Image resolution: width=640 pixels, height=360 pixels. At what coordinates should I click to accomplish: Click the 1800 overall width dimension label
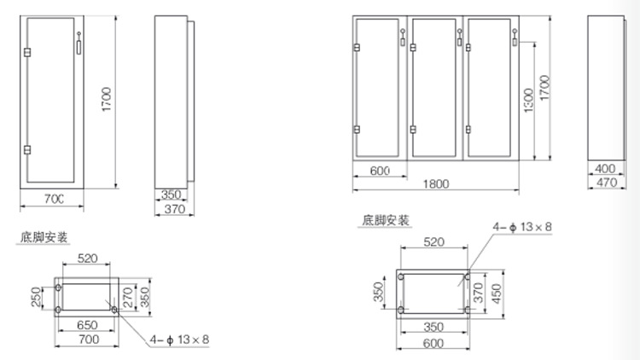[x=435, y=183]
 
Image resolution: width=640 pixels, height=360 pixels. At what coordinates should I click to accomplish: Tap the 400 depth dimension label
[x=605, y=169]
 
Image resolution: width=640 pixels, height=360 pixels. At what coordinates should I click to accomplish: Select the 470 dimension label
[x=605, y=183]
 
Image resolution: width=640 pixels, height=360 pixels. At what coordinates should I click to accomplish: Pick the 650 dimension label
[x=85, y=326]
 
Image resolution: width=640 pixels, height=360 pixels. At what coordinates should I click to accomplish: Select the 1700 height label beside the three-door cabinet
[x=544, y=90]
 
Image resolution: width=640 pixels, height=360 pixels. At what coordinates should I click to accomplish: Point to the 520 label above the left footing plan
[x=86, y=256]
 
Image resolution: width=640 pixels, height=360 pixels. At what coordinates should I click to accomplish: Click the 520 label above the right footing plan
[x=433, y=241]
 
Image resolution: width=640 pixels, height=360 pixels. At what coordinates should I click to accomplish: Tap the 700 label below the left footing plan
[x=86, y=340]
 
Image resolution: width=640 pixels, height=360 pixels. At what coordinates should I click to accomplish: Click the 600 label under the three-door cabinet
[x=381, y=170]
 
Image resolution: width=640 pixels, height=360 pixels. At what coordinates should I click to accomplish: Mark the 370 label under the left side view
[x=175, y=208]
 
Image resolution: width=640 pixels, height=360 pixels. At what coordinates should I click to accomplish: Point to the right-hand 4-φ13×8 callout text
[x=522, y=226]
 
